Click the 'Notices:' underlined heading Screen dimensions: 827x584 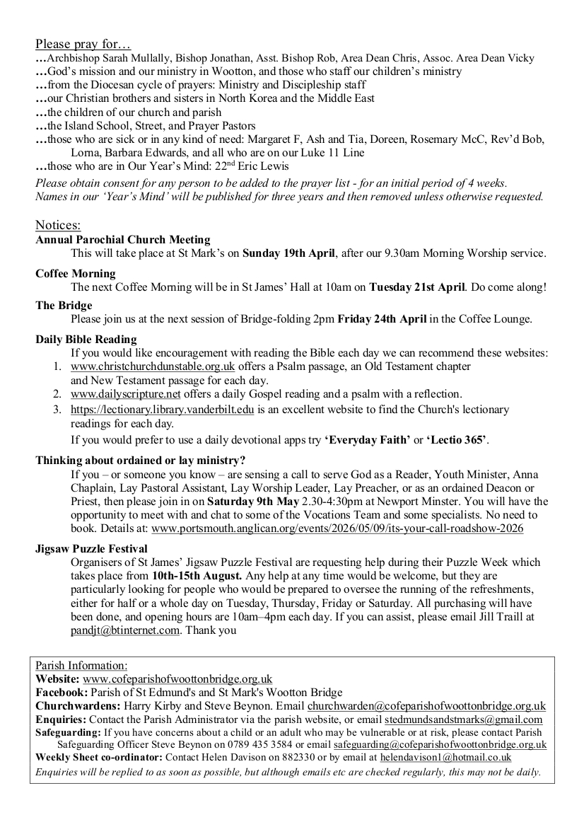(58, 225)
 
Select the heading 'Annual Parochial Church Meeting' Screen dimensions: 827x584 (123, 240)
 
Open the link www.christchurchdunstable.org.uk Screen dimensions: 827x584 (153, 366)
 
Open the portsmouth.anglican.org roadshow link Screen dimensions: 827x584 (337, 528)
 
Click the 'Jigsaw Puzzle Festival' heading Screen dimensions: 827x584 (91, 548)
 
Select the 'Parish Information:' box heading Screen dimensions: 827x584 (81, 666)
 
